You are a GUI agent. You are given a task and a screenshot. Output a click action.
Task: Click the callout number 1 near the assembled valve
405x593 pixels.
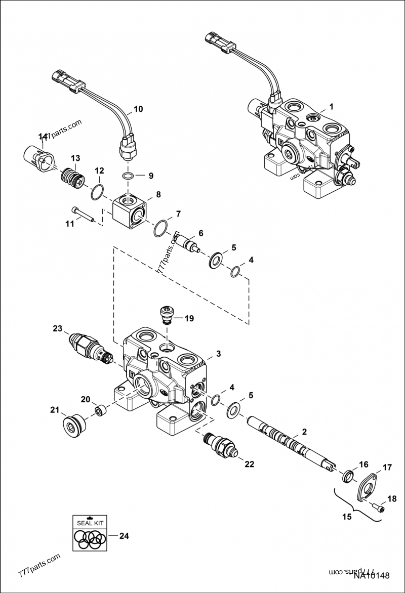(331, 107)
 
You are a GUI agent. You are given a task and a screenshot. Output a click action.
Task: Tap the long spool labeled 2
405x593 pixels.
(289, 438)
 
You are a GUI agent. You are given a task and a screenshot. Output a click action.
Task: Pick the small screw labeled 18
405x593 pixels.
(377, 506)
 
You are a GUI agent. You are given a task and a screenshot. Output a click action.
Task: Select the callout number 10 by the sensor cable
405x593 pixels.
(138, 109)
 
